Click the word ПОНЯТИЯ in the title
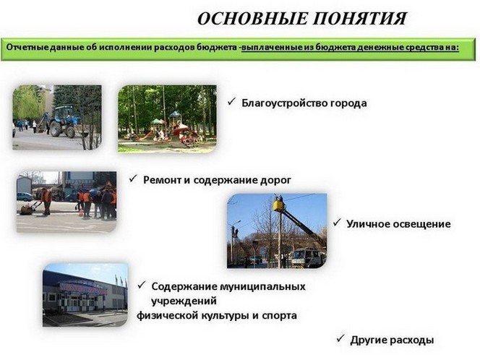(x=360, y=19)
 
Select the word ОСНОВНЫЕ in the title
(x=252, y=19)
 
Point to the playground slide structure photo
(x=167, y=119)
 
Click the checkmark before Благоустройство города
(x=231, y=102)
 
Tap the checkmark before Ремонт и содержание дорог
(x=133, y=179)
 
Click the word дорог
(x=275, y=180)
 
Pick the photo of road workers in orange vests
(x=67, y=202)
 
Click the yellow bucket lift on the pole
(x=279, y=204)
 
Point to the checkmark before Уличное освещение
(x=337, y=222)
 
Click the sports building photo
(x=85, y=295)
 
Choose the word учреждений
(x=184, y=301)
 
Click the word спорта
(x=279, y=316)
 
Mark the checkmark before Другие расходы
(x=340, y=338)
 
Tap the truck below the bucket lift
(x=307, y=257)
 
